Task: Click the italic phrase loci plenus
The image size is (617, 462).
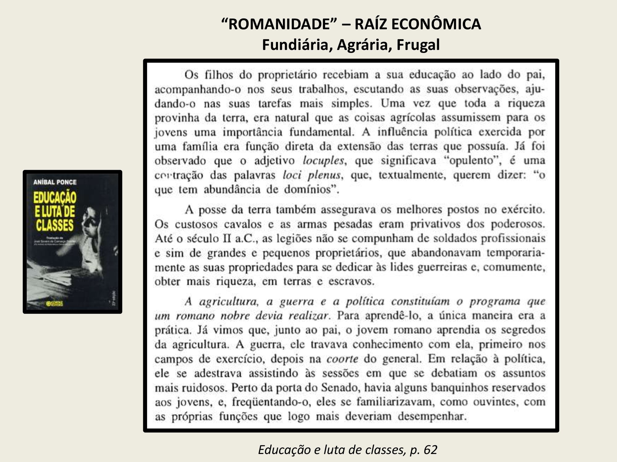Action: (x=312, y=175)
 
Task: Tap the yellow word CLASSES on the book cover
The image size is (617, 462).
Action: (x=54, y=225)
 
